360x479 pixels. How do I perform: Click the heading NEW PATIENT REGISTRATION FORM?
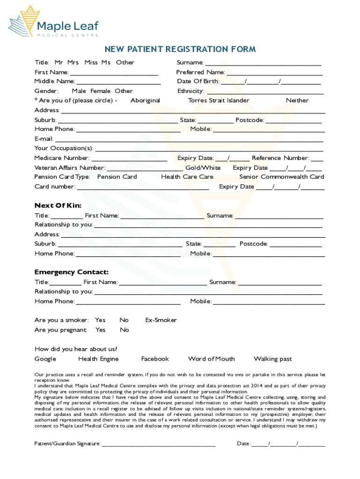point(180,50)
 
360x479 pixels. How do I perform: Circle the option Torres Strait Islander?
point(218,100)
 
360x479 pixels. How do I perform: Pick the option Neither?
point(297,100)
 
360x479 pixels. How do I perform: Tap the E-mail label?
point(44,138)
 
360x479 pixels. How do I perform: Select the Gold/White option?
point(203,167)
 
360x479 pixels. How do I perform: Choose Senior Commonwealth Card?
point(281,177)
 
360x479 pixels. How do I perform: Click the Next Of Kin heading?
point(58,205)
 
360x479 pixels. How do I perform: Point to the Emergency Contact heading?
point(72,272)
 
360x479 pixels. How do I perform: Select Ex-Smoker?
point(161,320)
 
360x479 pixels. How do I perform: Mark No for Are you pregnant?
point(124,330)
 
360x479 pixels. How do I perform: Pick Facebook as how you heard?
point(155,359)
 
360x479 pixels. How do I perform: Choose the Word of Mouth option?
point(211,359)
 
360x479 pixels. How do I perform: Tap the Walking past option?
point(273,359)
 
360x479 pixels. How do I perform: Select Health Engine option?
point(98,359)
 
